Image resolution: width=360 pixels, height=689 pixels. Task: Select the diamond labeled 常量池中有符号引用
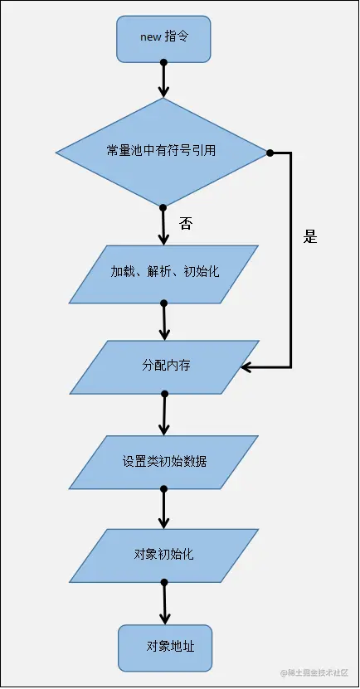(x=163, y=152)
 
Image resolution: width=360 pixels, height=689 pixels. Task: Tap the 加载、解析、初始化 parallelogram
(x=164, y=273)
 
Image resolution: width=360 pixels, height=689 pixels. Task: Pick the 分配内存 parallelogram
(x=164, y=366)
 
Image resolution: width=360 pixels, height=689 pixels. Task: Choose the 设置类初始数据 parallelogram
(x=164, y=461)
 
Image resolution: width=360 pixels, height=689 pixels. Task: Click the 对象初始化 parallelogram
(x=164, y=554)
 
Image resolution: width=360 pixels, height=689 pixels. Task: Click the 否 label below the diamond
(x=186, y=223)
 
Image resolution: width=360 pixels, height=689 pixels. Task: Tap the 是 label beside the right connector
(x=310, y=236)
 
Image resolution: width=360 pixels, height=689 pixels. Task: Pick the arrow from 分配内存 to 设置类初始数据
(x=164, y=415)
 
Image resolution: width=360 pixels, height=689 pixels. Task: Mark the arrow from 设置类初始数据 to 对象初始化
(x=164, y=508)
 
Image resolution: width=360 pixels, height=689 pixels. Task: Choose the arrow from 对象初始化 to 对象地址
(x=164, y=603)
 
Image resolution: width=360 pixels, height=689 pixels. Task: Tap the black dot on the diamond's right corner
(x=270, y=153)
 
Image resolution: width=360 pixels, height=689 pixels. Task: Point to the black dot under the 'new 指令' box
(x=163, y=62)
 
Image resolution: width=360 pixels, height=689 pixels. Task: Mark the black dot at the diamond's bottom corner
(x=163, y=207)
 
